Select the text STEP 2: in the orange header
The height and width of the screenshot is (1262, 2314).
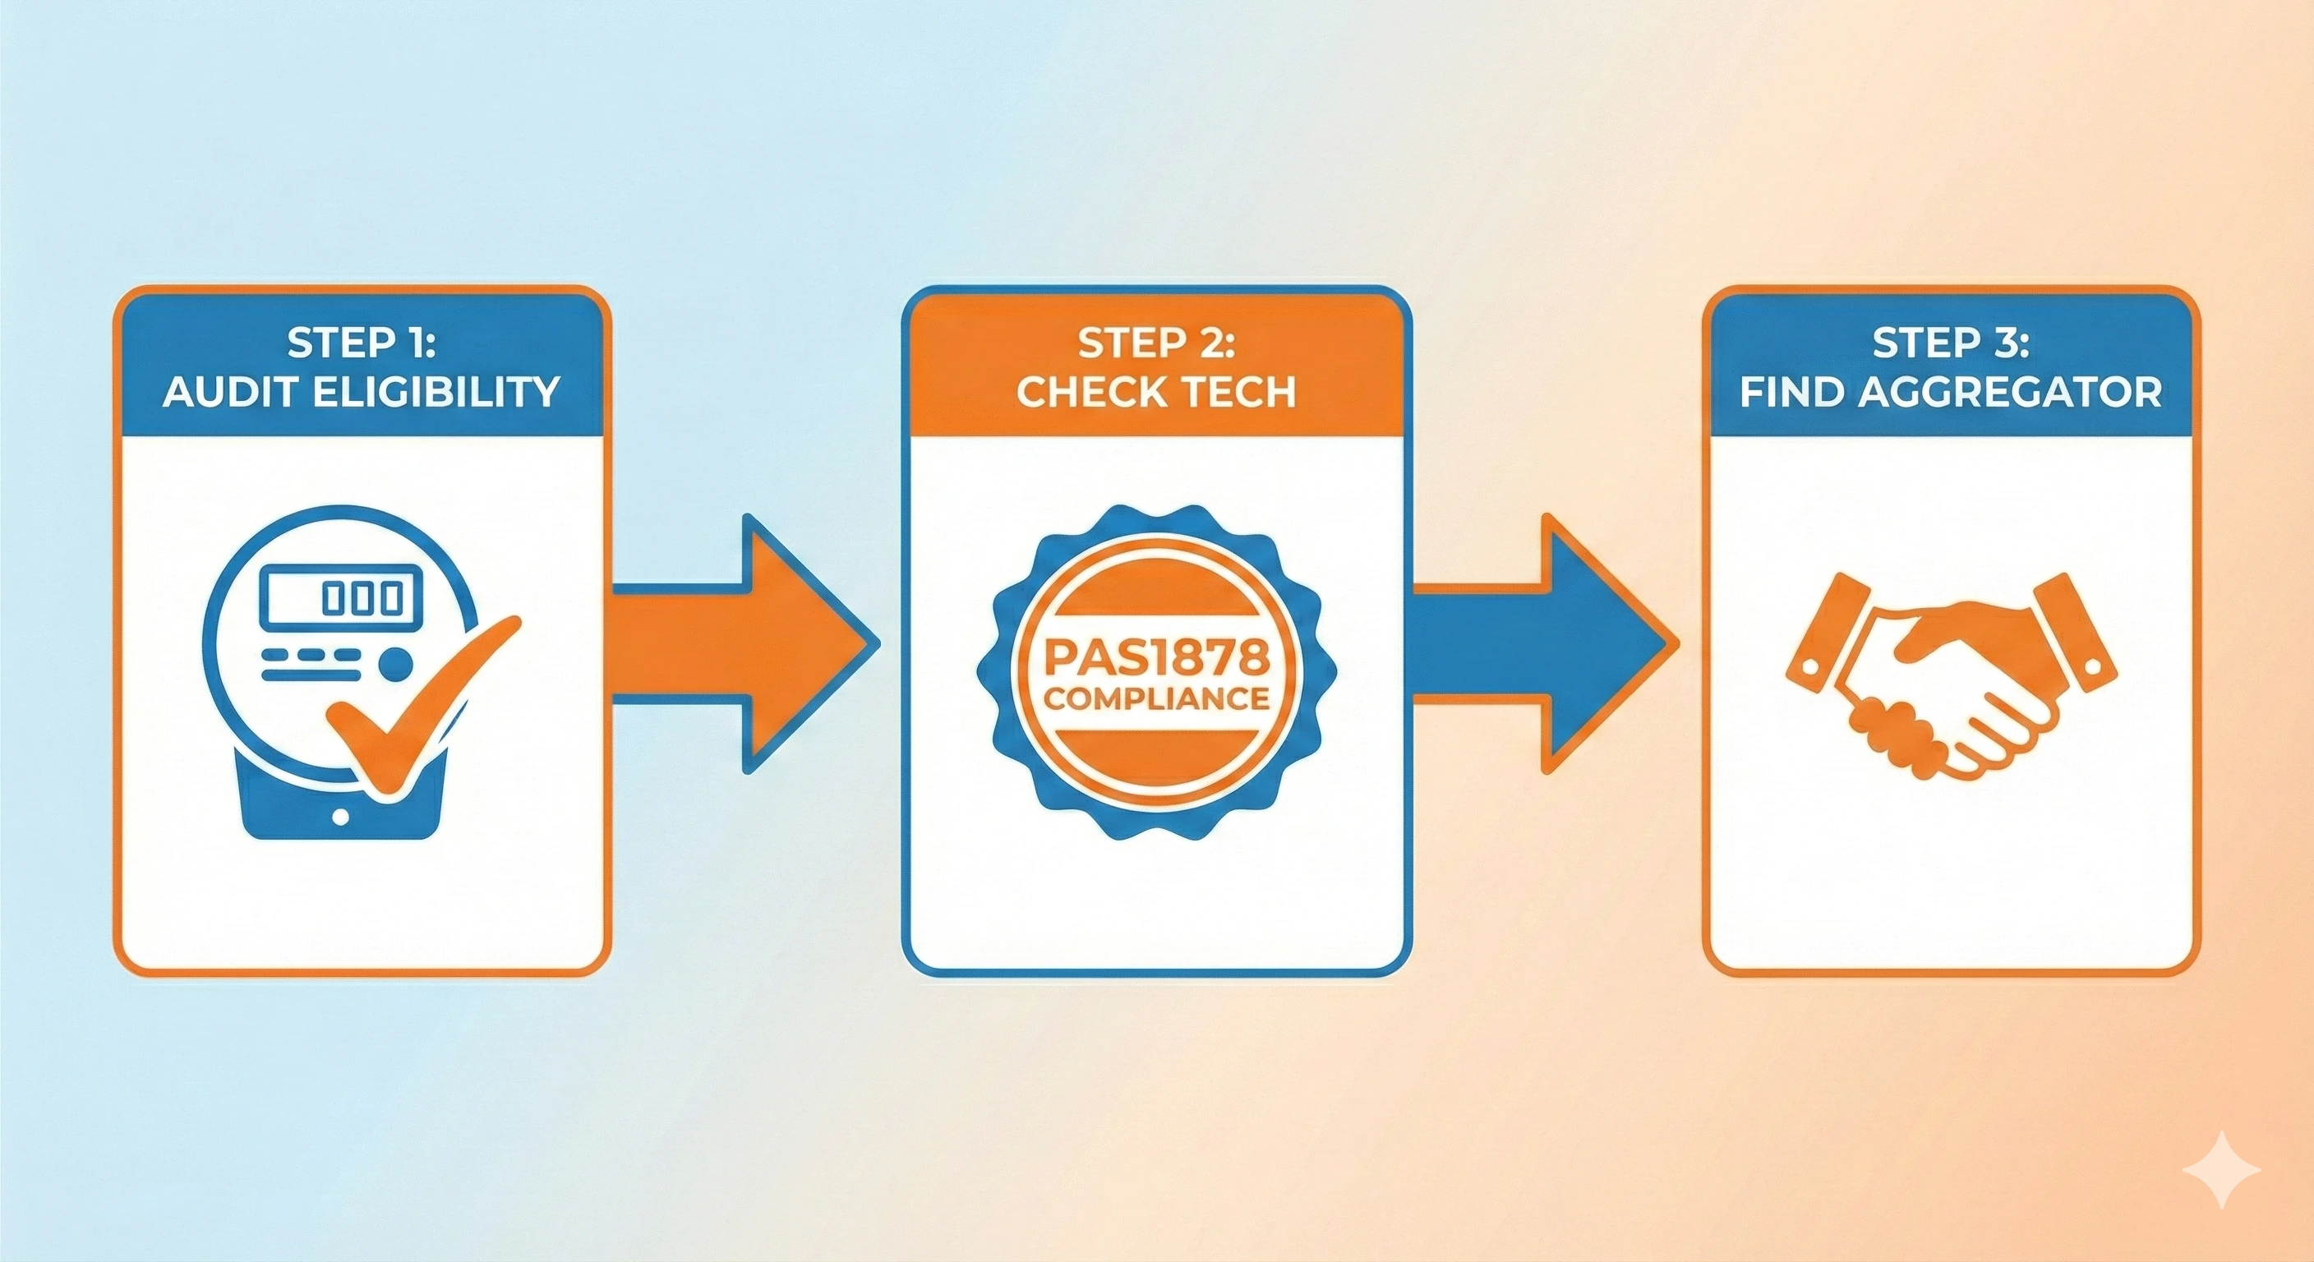[x=1156, y=343]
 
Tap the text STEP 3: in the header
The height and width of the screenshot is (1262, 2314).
[x=1950, y=343]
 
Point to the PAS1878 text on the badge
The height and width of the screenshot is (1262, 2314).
[x=1156, y=658]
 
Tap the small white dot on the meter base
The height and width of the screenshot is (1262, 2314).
[x=340, y=817]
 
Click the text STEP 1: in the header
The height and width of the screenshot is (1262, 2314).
[x=361, y=343]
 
